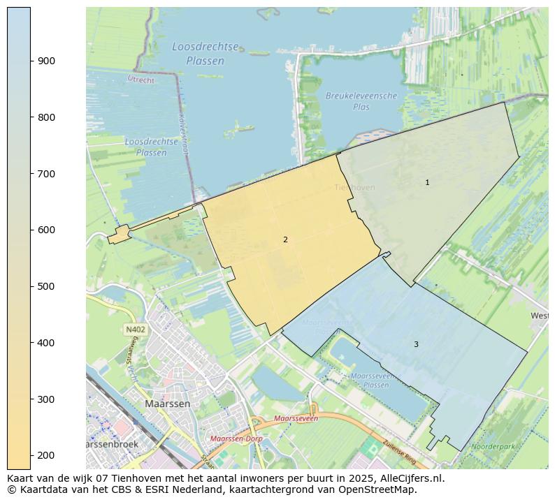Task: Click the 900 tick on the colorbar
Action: pyautogui.click(x=31, y=61)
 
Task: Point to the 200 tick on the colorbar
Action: pyautogui.click(x=31, y=455)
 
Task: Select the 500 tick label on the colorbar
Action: pyautogui.click(x=46, y=286)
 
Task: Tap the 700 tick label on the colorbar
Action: pyautogui.click(x=46, y=174)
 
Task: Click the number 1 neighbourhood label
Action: pyautogui.click(x=427, y=182)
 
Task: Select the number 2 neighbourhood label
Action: pyautogui.click(x=285, y=239)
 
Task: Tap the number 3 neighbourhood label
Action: pyautogui.click(x=416, y=344)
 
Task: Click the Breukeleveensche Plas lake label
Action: pyautogui.click(x=361, y=101)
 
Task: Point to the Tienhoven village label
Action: pyautogui.click(x=354, y=187)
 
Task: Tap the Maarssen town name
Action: pyautogui.click(x=167, y=404)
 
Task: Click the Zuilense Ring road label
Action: pyautogui.click(x=401, y=454)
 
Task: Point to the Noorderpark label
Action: pyautogui.click(x=493, y=446)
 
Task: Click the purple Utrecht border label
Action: pyautogui.click(x=140, y=80)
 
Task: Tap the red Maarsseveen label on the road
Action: pyautogui.click(x=296, y=418)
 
